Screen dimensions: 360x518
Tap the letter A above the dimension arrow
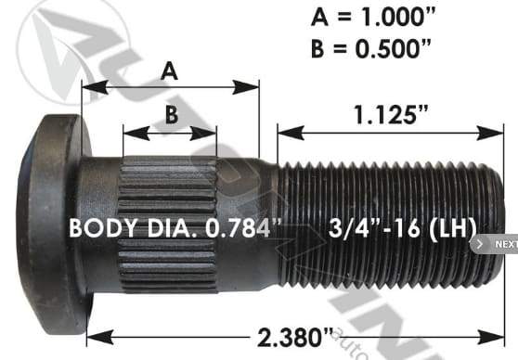[x=170, y=70]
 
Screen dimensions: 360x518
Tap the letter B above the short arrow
[x=170, y=115]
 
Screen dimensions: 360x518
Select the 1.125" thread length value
[x=390, y=115]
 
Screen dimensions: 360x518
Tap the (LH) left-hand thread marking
[x=451, y=227]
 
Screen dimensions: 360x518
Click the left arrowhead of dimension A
[x=88, y=88]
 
